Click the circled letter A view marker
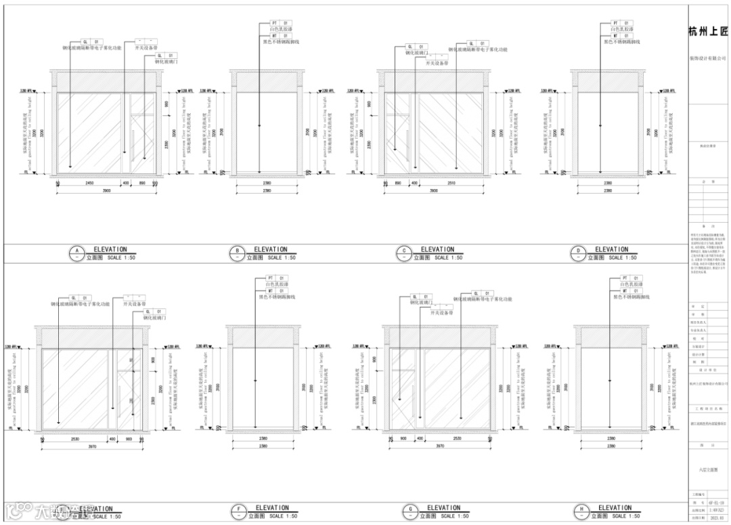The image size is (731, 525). [x=76, y=253]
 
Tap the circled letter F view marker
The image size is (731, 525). [x=238, y=511]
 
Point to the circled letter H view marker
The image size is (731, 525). [x=581, y=511]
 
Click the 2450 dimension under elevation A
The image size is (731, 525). [x=89, y=183]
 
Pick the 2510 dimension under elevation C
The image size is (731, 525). [x=451, y=183]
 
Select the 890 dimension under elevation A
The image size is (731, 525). [x=142, y=183]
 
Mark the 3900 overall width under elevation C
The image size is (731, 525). [x=433, y=191]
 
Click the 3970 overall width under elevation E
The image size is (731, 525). [x=94, y=446]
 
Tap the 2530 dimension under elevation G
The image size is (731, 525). [x=462, y=439]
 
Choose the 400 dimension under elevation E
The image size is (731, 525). [x=112, y=439]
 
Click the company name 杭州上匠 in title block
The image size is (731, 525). [x=707, y=32]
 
